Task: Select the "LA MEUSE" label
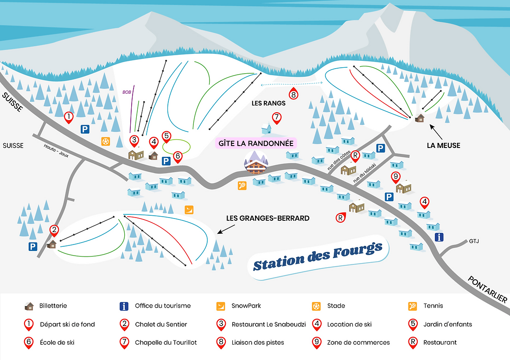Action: click(443, 145)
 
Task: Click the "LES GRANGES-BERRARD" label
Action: click(268, 218)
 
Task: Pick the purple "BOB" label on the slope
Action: click(127, 92)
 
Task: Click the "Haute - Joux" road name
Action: click(56, 149)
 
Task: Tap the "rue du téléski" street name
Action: click(364, 172)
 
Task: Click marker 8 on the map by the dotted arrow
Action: click(293, 93)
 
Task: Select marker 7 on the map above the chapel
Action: click(276, 118)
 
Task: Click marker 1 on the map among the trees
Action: click(69, 117)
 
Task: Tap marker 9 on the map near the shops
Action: click(395, 177)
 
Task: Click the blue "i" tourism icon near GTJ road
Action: click(439, 237)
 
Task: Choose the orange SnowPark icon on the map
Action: click(189, 210)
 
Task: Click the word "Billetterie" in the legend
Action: click(53, 306)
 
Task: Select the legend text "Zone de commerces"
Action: click(358, 342)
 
